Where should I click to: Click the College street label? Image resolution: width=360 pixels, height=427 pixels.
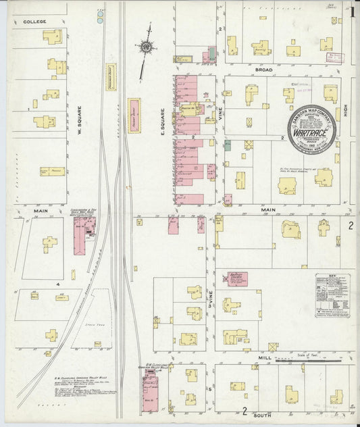click(34, 22)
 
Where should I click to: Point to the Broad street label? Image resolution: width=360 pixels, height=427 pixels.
click(264, 70)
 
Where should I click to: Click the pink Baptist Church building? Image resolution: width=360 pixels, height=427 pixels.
click(237, 278)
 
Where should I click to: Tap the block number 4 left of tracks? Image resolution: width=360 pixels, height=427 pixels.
click(59, 284)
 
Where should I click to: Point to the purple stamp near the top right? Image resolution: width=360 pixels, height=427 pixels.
click(334, 58)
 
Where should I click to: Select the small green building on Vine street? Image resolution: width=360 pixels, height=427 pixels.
click(228, 145)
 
